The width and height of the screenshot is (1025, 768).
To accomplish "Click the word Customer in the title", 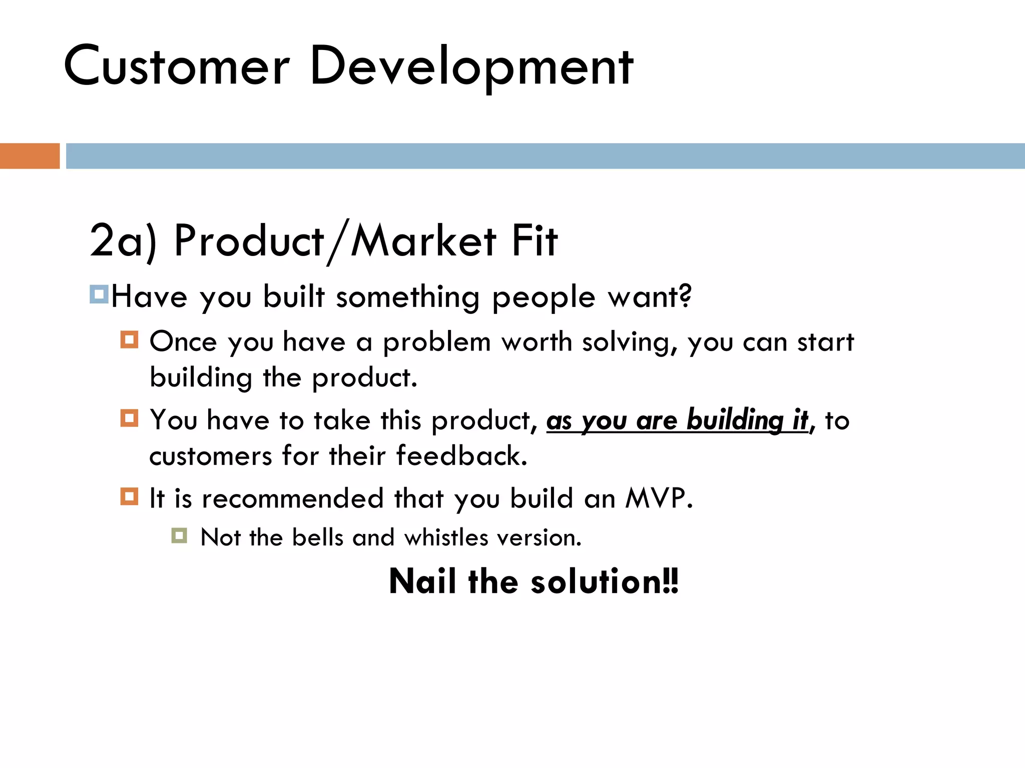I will [x=177, y=66].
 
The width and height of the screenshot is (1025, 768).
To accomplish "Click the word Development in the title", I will [x=471, y=66].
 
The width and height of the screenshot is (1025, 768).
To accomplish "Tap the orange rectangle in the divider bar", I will [x=30, y=156].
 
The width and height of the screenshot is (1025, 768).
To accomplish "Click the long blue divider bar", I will [x=545, y=156].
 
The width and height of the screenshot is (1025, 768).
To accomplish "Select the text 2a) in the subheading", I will [x=123, y=241].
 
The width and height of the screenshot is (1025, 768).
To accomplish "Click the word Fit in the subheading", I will [x=534, y=241].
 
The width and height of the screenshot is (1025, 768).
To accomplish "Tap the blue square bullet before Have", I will [x=99, y=294].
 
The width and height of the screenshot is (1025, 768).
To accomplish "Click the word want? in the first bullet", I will [x=650, y=297].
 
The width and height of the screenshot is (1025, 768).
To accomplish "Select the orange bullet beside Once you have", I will [x=129, y=340].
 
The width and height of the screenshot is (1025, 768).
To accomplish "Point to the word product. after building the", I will [x=364, y=378].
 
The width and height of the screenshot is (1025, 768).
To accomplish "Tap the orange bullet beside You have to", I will [x=129, y=417].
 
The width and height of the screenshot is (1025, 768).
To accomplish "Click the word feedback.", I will [x=461, y=456].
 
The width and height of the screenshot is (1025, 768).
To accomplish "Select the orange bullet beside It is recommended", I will [x=129, y=496].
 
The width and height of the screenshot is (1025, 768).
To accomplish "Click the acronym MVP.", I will [x=659, y=498].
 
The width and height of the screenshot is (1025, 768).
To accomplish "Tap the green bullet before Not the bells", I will [x=179, y=536].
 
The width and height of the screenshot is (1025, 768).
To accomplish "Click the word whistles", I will [x=446, y=538].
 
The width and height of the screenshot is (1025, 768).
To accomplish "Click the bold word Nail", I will [x=422, y=581].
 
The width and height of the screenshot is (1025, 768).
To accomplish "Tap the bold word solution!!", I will [x=605, y=581].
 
